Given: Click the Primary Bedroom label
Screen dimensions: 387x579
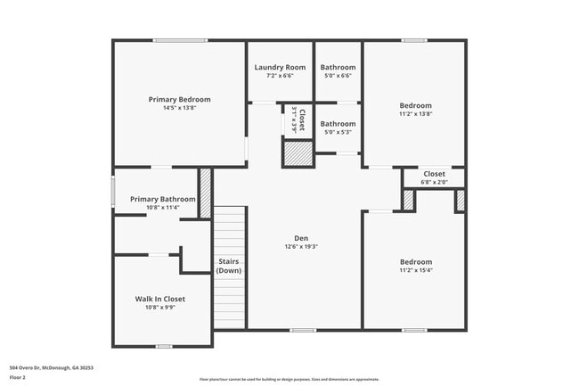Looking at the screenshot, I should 179,99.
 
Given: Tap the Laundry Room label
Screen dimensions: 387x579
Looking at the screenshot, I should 280,67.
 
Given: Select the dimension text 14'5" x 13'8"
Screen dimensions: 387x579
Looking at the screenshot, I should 179,108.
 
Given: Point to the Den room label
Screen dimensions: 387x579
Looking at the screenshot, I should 302,238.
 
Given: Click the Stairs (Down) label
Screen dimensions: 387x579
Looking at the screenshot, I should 229,266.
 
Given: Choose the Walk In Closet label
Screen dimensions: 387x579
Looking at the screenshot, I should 160,299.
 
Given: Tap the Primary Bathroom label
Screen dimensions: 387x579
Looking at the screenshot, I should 162,199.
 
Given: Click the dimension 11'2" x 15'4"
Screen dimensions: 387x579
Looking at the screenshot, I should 415,271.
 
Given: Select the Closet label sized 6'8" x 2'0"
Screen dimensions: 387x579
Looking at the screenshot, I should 434,174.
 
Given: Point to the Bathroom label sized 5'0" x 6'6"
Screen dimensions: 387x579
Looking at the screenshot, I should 338,67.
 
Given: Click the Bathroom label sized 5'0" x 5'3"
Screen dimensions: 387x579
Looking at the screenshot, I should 338,124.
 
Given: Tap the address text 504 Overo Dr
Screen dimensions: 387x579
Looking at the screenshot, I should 51,366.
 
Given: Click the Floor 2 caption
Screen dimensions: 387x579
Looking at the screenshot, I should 18,377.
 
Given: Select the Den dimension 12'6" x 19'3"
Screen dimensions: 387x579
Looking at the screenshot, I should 302,247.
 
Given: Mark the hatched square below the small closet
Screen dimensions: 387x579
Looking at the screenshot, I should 298,154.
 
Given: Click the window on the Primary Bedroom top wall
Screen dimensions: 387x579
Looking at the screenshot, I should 180,40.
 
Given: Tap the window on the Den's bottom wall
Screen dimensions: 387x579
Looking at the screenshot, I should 302,330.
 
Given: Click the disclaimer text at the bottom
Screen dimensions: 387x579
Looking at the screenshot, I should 289,379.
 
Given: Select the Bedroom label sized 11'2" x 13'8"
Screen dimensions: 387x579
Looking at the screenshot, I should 415,105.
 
